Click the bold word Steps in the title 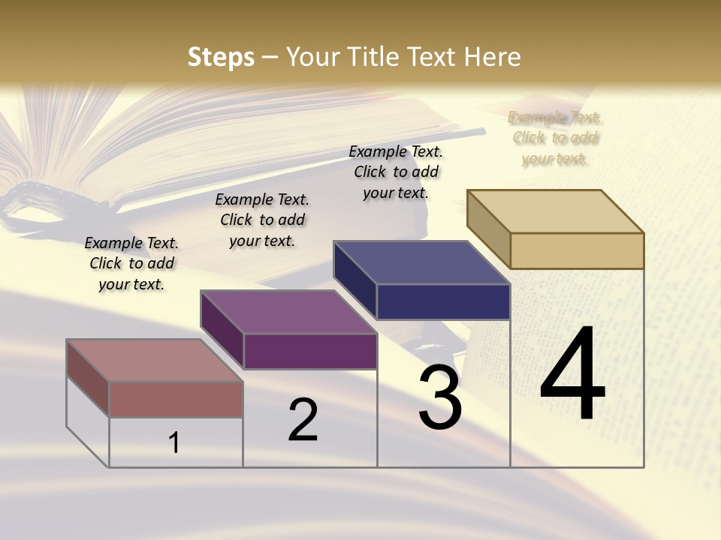click(x=221, y=57)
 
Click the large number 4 click(x=572, y=374)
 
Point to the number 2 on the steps click(x=303, y=420)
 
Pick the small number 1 click(x=174, y=442)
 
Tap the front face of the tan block click(x=577, y=250)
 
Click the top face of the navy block click(x=421, y=262)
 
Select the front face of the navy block click(x=443, y=301)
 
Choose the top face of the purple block click(x=288, y=312)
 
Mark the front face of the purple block click(x=310, y=351)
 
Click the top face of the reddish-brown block click(x=154, y=361)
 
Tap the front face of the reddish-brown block click(x=176, y=399)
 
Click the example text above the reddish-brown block click(x=131, y=263)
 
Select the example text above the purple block click(x=262, y=220)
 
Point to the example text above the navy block click(x=396, y=172)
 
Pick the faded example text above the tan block click(x=555, y=137)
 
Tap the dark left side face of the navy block click(x=355, y=280)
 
